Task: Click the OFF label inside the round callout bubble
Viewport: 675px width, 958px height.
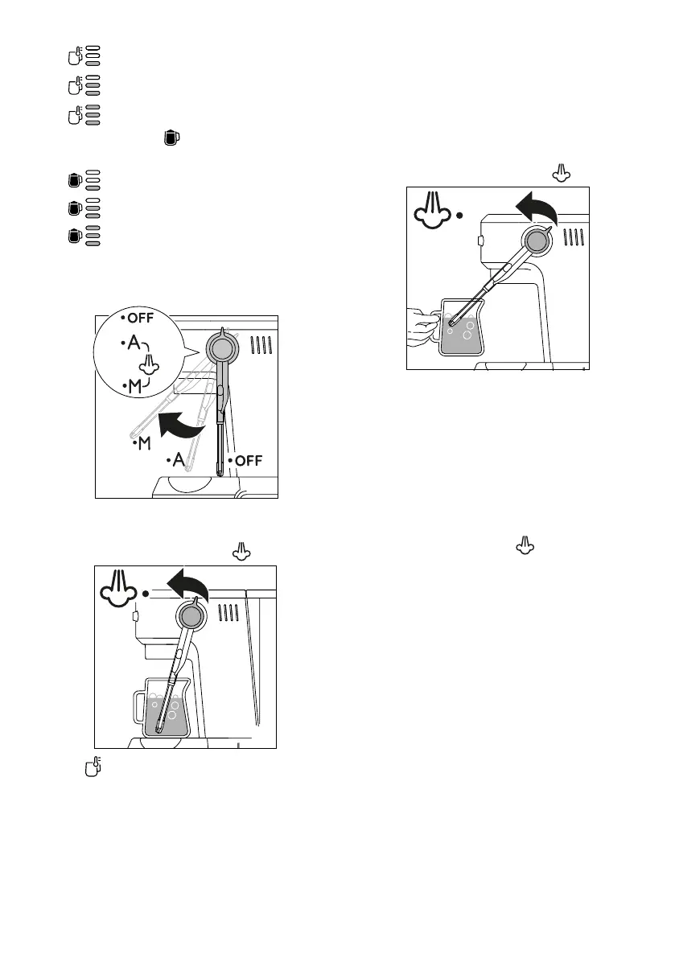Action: click(134, 317)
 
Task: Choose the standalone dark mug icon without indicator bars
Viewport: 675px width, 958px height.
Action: click(170, 138)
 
